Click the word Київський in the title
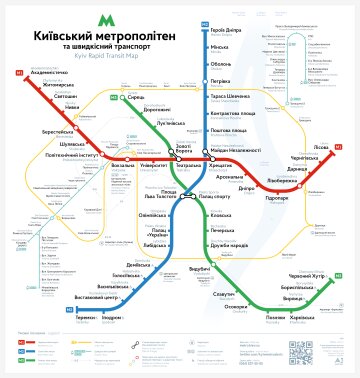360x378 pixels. (55, 35)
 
